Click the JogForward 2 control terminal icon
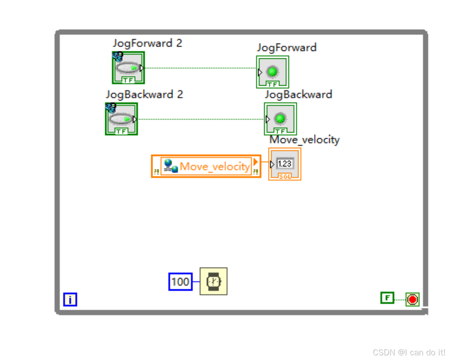pos(128,68)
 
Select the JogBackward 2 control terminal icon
pos(121,119)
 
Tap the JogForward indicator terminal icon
pos(272,72)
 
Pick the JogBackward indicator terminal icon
pos(280,119)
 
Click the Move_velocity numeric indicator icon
pos(285,164)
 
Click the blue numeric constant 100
pos(180,282)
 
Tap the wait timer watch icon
pos(213,281)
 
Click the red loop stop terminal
pos(413,299)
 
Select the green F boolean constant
pos(387,298)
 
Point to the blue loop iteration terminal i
pos(70,299)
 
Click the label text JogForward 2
pos(147,43)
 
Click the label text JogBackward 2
pos(144,95)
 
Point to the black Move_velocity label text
pos(304,139)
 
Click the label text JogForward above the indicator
pos(287,47)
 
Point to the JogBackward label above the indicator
pos(298,95)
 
